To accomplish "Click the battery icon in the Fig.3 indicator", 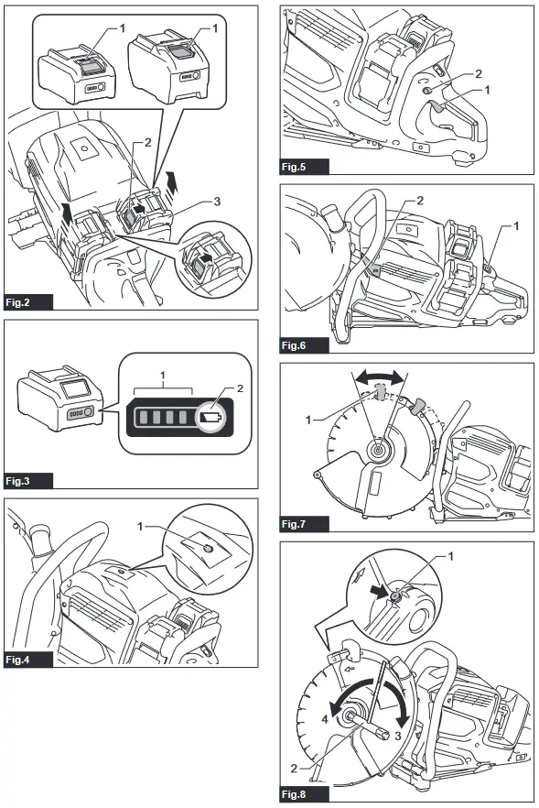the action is click(x=211, y=416).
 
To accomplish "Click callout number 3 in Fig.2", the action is click(x=217, y=202).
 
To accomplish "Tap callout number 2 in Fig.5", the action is click(x=479, y=74).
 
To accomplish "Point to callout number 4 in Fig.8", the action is click(x=325, y=718).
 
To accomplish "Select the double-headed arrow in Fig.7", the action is click(x=381, y=378).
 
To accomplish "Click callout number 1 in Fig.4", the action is click(x=140, y=526).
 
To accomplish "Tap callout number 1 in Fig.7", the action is click(x=308, y=420).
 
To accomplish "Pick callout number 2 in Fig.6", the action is click(x=420, y=200).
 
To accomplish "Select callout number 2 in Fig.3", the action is click(x=240, y=388).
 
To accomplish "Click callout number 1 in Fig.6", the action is click(x=516, y=225).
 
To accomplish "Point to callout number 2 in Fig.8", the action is click(x=294, y=769).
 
